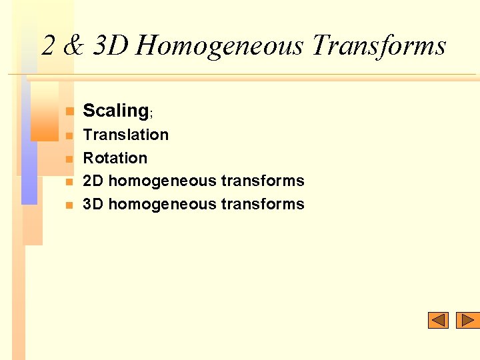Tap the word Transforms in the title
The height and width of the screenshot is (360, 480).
pyautogui.click(x=379, y=46)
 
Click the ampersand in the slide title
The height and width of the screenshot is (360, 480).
pyautogui.click(x=75, y=46)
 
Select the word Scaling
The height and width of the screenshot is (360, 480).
pyautogui.click(x=115, y=111)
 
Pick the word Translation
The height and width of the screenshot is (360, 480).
pyautogui.click(x=125, y=135)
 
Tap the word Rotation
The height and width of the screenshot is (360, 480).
pyautogui.click(x=115, y=158)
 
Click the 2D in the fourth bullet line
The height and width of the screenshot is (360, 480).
pyautogui.click(x=93, y=181)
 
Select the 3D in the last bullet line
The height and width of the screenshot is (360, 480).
pyautogui.click(x=93, y=204)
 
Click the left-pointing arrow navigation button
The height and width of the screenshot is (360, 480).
pyautogui.click(x=438, y=321)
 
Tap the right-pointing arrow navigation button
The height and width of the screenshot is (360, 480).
pyautogui.click(x=468, y=321)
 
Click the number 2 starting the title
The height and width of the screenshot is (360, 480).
pyautogui.click(x=48, y=46)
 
